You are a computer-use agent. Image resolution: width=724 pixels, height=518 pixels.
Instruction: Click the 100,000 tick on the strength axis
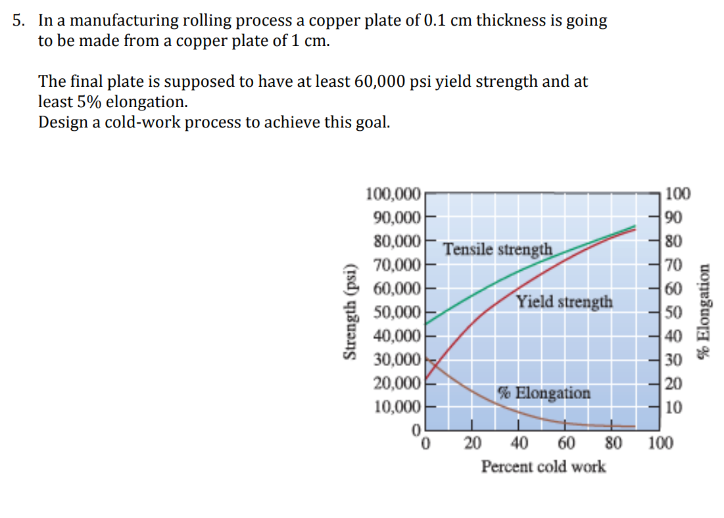(393, 193)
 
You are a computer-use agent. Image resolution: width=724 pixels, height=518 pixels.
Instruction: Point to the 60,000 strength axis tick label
(396, 289)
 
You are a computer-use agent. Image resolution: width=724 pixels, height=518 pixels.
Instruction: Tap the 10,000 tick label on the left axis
(396, 406)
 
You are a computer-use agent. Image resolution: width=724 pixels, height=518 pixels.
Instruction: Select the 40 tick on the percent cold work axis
(519, 443)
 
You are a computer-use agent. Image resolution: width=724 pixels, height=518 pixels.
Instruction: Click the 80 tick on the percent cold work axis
(613, 443)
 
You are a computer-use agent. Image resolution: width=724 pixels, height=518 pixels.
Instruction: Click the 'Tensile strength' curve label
(497, 250)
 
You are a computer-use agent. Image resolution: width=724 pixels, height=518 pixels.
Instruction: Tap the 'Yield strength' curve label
(564, 302)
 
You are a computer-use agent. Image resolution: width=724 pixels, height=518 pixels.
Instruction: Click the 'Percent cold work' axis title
(543, 467)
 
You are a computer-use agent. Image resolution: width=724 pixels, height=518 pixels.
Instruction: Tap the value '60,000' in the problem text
(381, 82)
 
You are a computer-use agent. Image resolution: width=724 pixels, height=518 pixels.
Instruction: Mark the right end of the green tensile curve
(635, 227)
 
